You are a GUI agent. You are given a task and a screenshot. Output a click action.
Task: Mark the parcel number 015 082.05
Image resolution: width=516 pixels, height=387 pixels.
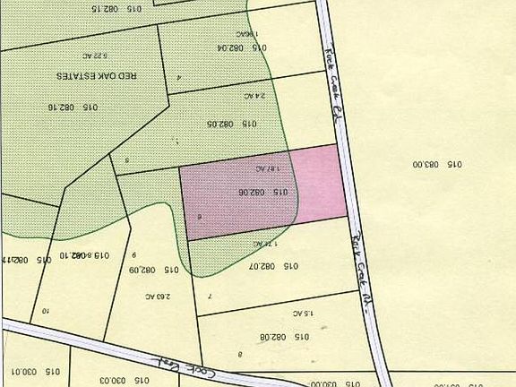click(231, 124)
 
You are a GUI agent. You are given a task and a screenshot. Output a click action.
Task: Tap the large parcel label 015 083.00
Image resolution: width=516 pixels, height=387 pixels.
click(437, 164)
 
